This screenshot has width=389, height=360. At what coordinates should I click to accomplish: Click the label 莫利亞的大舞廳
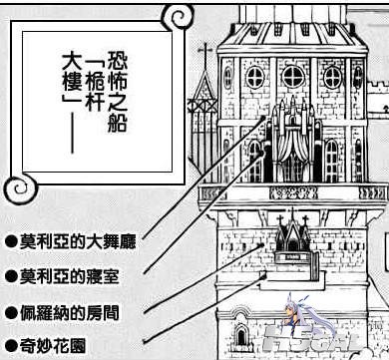[x=78, y=241]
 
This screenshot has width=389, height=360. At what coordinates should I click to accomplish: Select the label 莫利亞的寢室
[x=69, y=276]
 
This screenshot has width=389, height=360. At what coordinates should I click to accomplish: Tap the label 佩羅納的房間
[x=69, y=313]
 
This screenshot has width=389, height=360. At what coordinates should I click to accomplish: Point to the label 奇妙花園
[x=53, y=346]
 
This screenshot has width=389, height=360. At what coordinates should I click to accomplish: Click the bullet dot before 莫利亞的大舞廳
[x=11, y=242]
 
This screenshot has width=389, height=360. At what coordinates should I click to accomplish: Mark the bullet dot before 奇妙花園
[x=11, y=346]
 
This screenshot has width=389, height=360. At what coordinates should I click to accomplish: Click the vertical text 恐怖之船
[x=117, y=92]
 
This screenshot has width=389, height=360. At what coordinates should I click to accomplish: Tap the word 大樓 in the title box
[x=72, y=72]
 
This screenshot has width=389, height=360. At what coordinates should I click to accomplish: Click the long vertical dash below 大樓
[x=73, y=133]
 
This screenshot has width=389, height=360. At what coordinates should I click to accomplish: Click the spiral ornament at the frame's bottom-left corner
[x=21, y=188]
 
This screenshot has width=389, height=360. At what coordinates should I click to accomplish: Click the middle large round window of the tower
[x=293, y=77]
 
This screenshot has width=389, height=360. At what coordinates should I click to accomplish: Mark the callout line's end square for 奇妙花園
[x=264, y=275]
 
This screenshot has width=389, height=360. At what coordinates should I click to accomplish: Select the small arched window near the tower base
[x=241, y=336]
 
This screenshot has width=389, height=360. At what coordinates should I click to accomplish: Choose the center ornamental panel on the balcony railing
[x=293, y=192]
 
